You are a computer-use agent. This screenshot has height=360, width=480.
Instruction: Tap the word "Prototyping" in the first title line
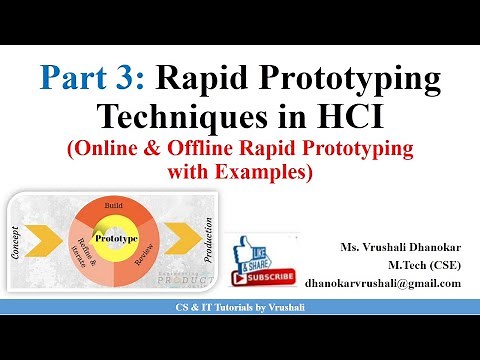pos(354,76)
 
